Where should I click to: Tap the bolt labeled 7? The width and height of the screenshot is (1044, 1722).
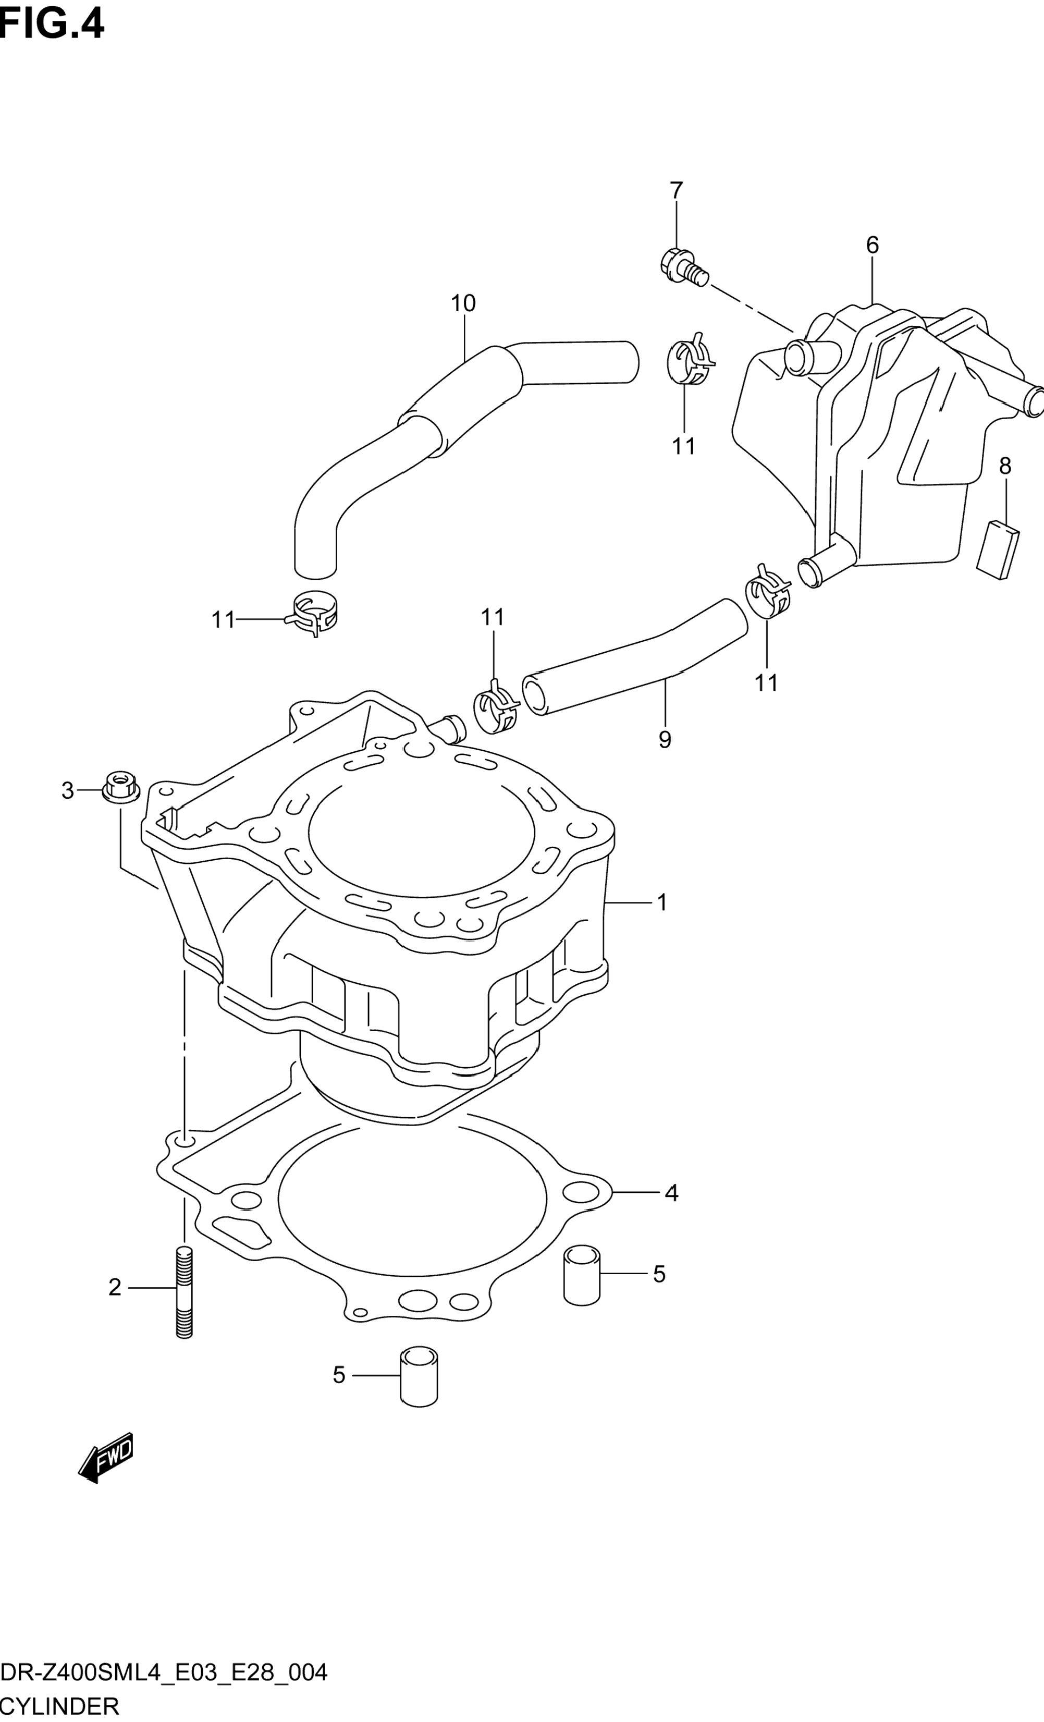tap(683, 267)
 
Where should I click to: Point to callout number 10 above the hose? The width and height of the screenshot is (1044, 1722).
tap(463, 303)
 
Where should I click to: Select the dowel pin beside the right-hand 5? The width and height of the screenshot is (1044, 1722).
tap(581, 1275)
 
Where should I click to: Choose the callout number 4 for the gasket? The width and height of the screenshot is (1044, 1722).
tap(671, 1193)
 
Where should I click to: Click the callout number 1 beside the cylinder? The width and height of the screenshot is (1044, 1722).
tap(662, 902)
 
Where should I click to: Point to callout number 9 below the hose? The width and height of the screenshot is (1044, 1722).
tap(665, 739)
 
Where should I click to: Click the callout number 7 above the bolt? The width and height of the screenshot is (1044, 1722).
tap(675, 190)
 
